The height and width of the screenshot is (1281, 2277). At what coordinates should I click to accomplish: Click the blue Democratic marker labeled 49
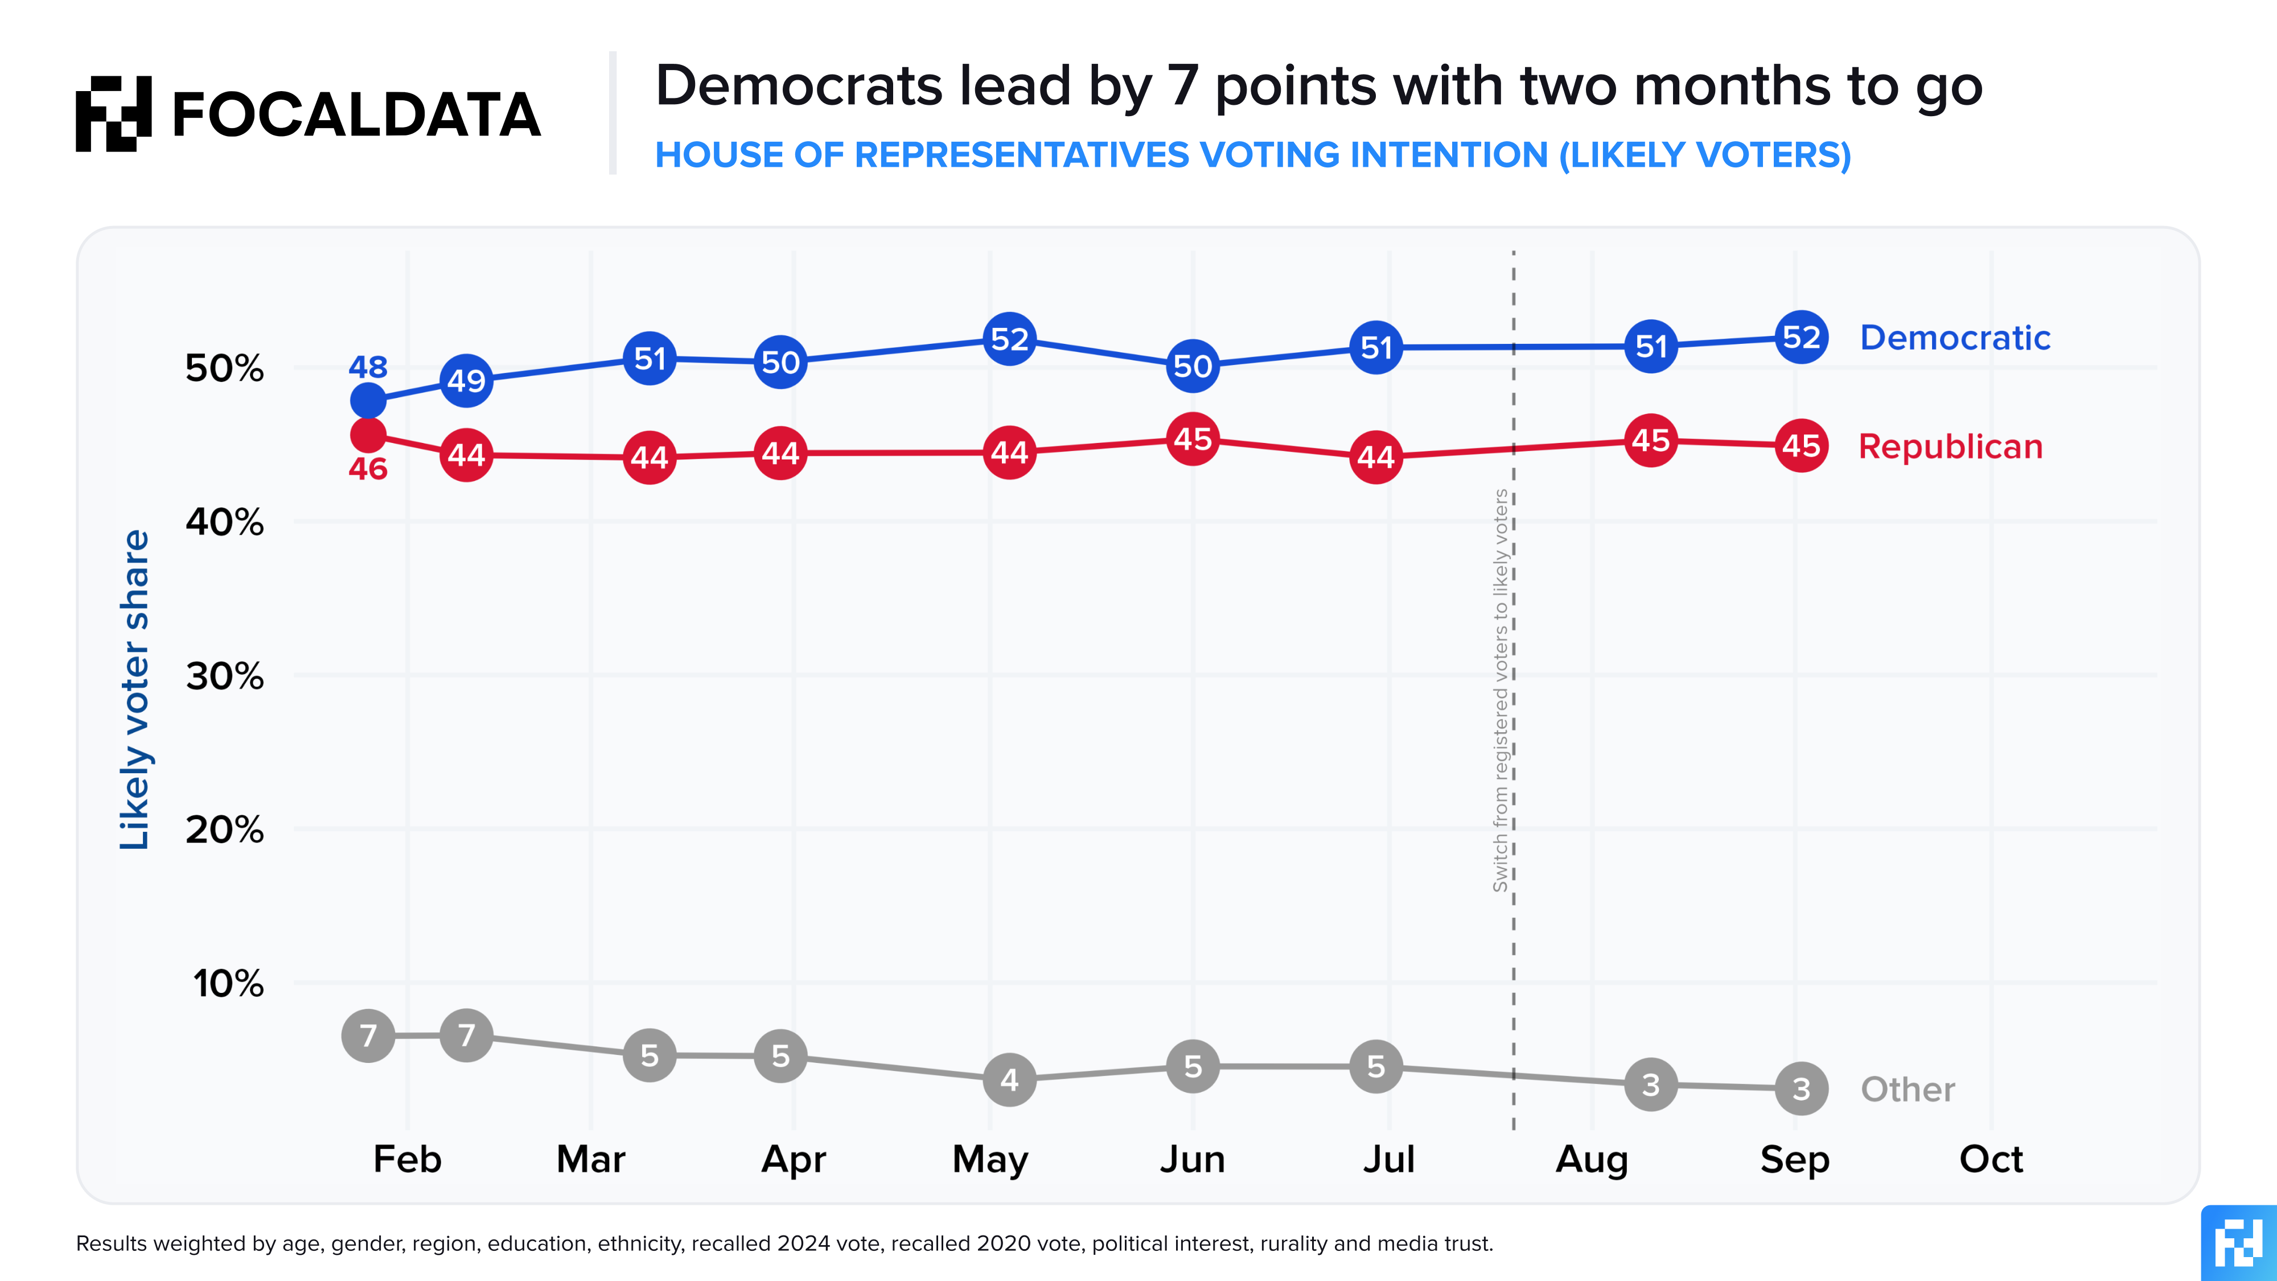[x=466, y=380]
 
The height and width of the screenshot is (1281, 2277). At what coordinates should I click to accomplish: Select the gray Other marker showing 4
[x=1009, y=1079]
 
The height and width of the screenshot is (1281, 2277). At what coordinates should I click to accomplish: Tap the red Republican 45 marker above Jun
[x=1193, y=438]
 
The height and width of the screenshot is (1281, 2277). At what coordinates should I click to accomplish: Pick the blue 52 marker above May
[x=1009, y=339]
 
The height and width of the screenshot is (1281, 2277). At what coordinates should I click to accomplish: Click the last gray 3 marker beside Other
[x=1802, y=1088]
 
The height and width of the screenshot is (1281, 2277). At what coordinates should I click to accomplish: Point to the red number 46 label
[x=368, y=469]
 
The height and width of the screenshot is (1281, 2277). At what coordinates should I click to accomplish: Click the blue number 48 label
[x=368, y=366]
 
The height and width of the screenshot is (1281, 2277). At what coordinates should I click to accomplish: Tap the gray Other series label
[x=1908, y=1089]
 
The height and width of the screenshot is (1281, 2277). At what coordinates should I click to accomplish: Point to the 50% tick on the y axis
[x=224, y=368]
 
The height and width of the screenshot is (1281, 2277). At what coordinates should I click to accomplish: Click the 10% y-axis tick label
[x=228, y=983]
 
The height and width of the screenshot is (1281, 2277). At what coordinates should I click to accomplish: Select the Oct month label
[x=1991, y=1159]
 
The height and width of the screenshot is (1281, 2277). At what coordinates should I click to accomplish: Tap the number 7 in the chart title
[x=1183, y=87]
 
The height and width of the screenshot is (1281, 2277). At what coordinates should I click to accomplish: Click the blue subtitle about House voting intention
[x=1252, y=155]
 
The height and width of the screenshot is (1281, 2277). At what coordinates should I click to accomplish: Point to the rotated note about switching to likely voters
[x=1500, y=691]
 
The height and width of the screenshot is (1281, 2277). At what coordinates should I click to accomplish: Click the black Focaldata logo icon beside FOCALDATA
[x=113, y=113]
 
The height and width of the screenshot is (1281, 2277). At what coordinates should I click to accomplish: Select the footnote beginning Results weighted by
[x=784, y=1244]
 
